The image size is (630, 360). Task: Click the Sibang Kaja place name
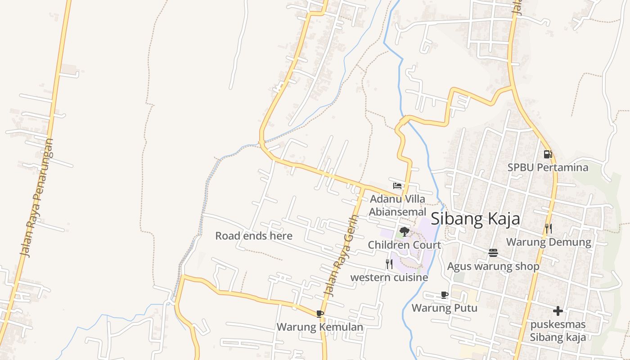click(x=475, y=219)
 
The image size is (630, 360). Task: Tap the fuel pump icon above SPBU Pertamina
click(x=548, y=154)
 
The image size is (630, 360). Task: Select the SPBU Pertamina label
click(x=548, y=167)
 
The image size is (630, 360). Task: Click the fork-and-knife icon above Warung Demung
click(x=548, y=229)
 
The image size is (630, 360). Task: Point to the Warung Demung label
click(x=549, y=242)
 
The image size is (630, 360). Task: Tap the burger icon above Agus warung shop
click(x=493, y=253)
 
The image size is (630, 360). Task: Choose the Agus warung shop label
click(x=493, y=266)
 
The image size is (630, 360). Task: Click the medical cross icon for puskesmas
click(x=558, y=311)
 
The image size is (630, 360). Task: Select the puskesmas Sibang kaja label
click(x=558, y=331)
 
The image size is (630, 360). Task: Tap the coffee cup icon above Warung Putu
click(x=445, y=295)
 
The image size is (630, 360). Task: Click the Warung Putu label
click(x=444, y=308)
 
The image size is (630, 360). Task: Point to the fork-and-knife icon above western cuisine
click(x=389, y=264)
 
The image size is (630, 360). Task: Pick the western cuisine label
click(x=389, y=277)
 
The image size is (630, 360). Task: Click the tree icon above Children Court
click(x=404, y=232)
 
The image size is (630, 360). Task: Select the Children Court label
click(x=404, y=245)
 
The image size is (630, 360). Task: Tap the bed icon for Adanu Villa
click(x=397, y=185)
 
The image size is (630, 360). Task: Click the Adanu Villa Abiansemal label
click(x=397, y=205)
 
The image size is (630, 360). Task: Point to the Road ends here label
click(x=254, y=236)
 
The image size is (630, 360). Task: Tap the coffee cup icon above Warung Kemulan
click(x=320, y=314)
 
